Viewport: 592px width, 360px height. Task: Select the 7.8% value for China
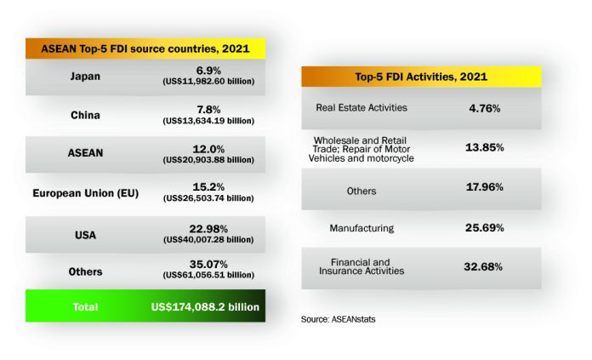208,109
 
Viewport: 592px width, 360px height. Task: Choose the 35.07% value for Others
208,265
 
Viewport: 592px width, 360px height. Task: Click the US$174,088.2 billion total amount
205,306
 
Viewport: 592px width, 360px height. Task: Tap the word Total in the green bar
85,306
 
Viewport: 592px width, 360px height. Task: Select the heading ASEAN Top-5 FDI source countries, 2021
145,49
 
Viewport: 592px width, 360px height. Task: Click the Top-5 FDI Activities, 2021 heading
421,77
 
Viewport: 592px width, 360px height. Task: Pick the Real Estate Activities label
361,108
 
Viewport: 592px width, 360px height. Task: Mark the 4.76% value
484,108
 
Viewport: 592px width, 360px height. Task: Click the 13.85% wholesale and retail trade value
485,147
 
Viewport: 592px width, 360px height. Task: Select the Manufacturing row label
361,227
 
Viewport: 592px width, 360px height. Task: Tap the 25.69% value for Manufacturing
485,227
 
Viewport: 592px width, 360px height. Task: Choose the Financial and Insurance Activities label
361,266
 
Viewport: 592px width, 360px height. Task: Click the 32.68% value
485,266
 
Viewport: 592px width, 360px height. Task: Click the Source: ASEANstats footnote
338,318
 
